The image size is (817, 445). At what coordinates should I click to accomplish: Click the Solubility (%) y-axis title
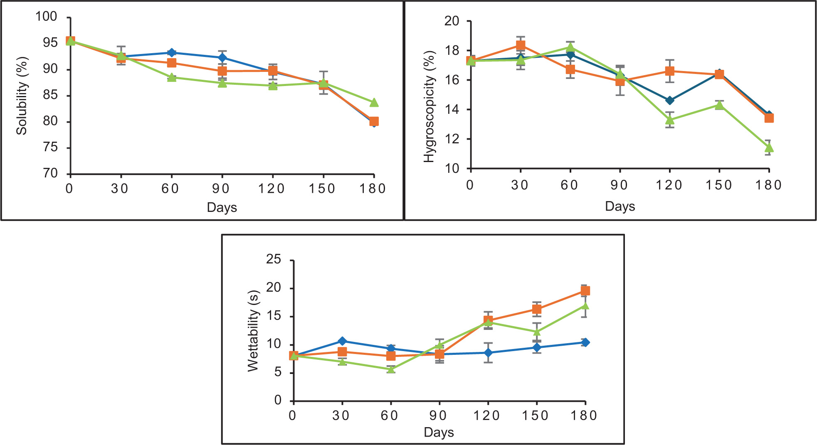point(22,96)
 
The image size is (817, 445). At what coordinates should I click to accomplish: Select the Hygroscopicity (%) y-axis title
point(429,107)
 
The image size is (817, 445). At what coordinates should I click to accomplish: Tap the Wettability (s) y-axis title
point(253,331)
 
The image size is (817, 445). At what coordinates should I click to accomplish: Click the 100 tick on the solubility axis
point(46,17)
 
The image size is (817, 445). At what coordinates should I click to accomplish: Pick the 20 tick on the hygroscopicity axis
point(452,21)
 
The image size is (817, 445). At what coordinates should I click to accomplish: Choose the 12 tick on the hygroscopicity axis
point(452,139)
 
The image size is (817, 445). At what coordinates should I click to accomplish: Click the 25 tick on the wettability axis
point(274,260)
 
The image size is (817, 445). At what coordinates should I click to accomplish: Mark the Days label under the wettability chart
point(439,433)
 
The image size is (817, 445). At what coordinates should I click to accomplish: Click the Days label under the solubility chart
point(222,207)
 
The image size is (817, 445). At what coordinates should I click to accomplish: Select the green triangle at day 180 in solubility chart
point(374,102)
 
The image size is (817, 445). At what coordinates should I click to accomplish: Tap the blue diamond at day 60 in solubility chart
point(171,53)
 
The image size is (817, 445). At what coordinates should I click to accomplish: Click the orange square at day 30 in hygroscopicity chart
point(520,45)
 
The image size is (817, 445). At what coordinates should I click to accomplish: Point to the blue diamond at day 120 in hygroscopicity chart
point(669,100)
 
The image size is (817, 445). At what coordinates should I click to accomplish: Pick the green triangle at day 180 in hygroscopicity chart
point(769,148)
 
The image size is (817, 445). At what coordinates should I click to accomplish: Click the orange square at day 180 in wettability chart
point(585,290)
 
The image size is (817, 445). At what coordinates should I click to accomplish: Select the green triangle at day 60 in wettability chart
point(391,369)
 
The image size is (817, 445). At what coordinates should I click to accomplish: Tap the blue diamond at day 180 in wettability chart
point(585,342)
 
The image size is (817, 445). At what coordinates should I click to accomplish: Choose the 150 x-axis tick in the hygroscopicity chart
point(719,185)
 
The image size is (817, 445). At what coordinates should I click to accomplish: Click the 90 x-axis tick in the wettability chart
point(439,415)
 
